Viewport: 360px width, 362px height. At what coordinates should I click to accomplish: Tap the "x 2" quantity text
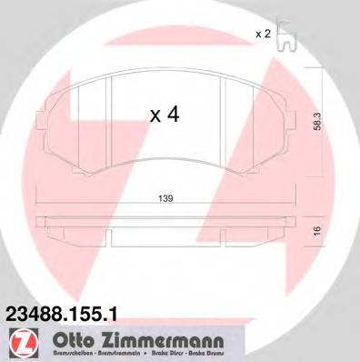click(264, 34)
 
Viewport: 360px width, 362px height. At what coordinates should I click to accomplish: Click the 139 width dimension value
click(166, 197)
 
